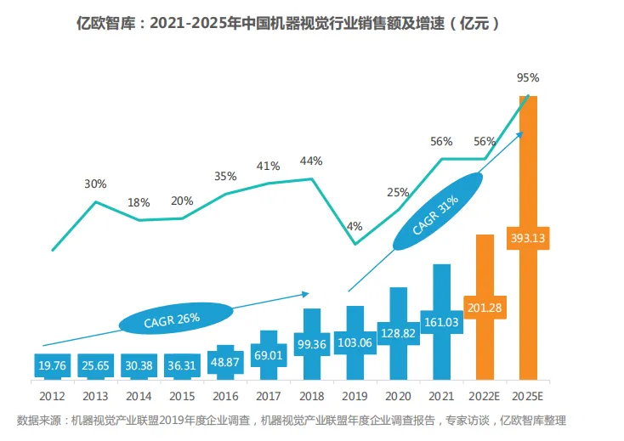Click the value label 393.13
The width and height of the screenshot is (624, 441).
528,238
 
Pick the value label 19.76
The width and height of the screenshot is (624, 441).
53,365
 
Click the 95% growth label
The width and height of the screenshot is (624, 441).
528,77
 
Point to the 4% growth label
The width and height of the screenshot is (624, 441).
355,226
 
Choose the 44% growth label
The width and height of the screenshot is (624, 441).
311,161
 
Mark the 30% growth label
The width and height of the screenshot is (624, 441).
95,184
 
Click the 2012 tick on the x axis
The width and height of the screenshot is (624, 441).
53,395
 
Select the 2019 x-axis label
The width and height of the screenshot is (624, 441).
354,395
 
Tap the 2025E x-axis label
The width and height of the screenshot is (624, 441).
528,395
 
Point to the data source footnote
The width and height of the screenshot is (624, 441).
292,421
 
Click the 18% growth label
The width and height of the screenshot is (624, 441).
139,202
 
